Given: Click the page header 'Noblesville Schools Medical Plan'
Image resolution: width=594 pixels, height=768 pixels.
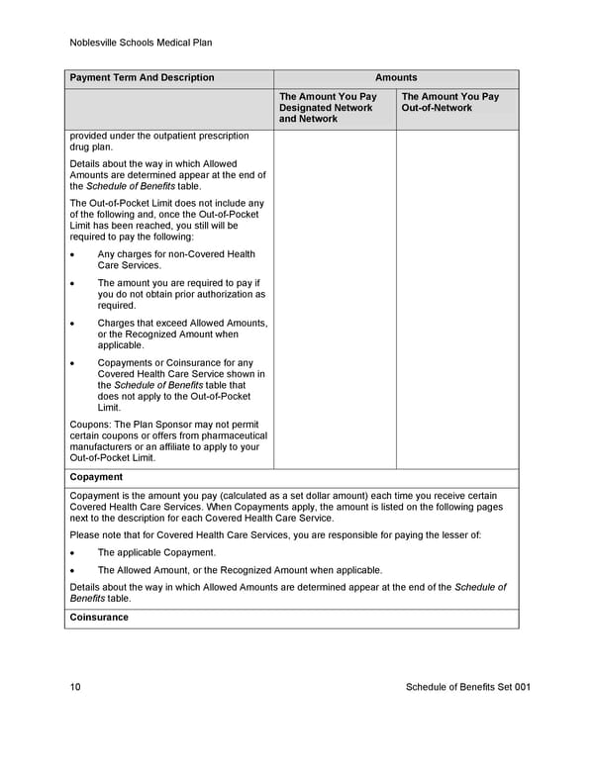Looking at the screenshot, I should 142,43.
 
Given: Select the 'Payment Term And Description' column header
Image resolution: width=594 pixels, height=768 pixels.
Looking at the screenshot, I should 142,78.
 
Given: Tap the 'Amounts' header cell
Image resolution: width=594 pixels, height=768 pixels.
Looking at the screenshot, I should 396,78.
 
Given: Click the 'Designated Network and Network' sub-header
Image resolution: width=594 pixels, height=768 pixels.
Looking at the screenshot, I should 328,108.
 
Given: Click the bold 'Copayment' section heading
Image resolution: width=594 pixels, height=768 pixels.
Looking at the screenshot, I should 96,477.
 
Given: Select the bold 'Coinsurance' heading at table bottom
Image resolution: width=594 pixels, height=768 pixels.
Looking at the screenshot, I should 99,618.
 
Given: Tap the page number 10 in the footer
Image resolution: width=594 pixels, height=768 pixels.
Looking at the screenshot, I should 76,687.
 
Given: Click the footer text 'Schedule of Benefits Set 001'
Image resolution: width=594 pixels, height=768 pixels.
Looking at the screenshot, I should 468,687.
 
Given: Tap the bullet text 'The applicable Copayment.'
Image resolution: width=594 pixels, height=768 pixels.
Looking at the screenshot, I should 155,552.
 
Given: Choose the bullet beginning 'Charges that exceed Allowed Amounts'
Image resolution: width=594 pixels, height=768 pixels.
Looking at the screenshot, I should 182,323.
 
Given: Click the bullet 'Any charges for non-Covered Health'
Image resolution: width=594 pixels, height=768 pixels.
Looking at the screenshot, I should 175,254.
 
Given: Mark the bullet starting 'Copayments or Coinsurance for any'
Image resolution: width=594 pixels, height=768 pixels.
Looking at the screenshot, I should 175,362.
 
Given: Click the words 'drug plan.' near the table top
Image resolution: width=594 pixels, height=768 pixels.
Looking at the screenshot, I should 91,146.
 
